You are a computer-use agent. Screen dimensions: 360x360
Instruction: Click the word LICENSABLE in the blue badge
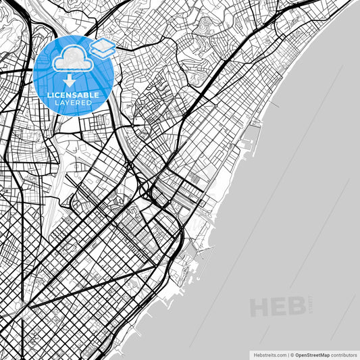tap(73, 95)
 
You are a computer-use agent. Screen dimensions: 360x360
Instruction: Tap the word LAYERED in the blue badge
tap(73, 103)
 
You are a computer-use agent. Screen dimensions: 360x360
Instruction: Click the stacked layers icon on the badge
tap(103, 47)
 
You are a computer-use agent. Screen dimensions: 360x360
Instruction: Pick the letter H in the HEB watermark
tap(261, 307)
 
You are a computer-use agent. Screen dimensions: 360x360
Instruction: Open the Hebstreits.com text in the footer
tap(269, 354)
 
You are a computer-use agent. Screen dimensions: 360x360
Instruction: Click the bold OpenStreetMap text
tap(312, 354)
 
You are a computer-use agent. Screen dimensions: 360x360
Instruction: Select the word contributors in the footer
tap(344, 354)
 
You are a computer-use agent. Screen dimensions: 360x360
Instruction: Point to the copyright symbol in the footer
tap(292, 354)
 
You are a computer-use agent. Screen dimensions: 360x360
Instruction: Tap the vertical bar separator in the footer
tap(287, 354)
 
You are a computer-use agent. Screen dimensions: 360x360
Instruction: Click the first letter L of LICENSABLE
tap(49, 95)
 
